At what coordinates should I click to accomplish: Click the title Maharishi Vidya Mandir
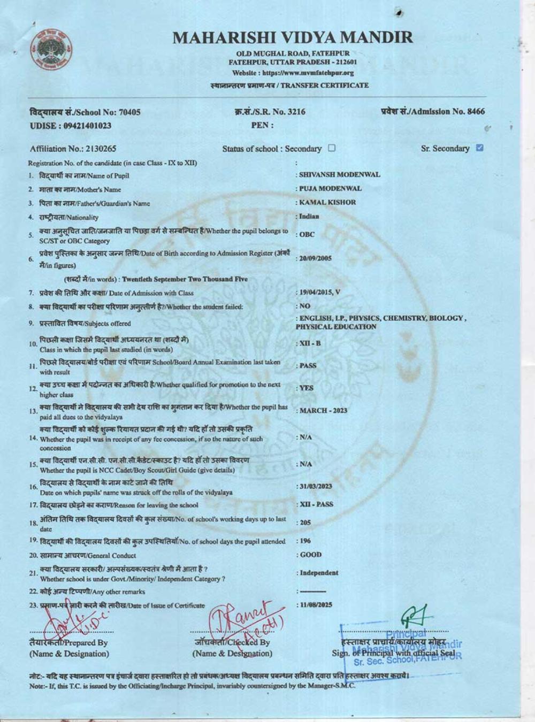293,37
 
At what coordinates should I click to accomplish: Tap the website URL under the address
293,73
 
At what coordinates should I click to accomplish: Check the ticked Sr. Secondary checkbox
479,148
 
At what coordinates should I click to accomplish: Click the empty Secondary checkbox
332,148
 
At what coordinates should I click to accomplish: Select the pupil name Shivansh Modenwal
339,174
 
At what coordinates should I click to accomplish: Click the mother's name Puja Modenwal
330,188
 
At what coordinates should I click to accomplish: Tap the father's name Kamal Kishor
327,202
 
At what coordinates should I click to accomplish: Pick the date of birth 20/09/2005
316,258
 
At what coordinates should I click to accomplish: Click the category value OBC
307,234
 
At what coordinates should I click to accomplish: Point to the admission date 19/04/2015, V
320,293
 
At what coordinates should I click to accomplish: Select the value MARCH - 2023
323,410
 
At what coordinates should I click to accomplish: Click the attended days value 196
305,541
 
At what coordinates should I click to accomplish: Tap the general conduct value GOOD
311,555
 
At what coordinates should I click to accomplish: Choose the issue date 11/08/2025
316,604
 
